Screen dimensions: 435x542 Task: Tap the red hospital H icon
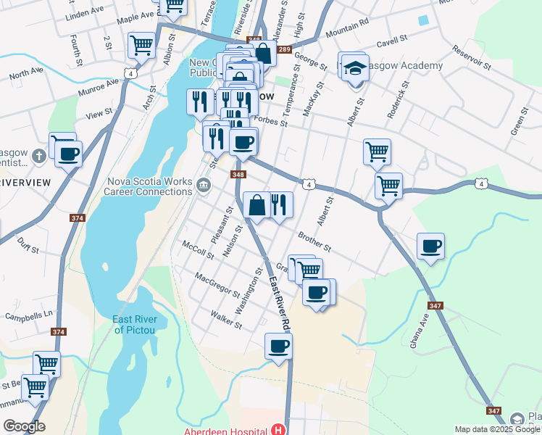click(278, 431)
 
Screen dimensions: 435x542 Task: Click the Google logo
click(24, 426)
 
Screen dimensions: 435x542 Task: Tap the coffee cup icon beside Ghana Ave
click(430, 246)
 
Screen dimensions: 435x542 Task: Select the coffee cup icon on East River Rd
click(278, 347)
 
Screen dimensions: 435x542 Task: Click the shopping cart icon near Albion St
click(141, 45)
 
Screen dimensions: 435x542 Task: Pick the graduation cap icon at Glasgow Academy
click(354, 68)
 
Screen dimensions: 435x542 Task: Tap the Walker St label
click(225, 319)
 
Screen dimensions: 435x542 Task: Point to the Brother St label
click(314, 241)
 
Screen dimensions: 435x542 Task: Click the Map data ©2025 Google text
click(496, 429)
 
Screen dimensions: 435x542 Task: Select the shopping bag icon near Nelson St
click(257, 204)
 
